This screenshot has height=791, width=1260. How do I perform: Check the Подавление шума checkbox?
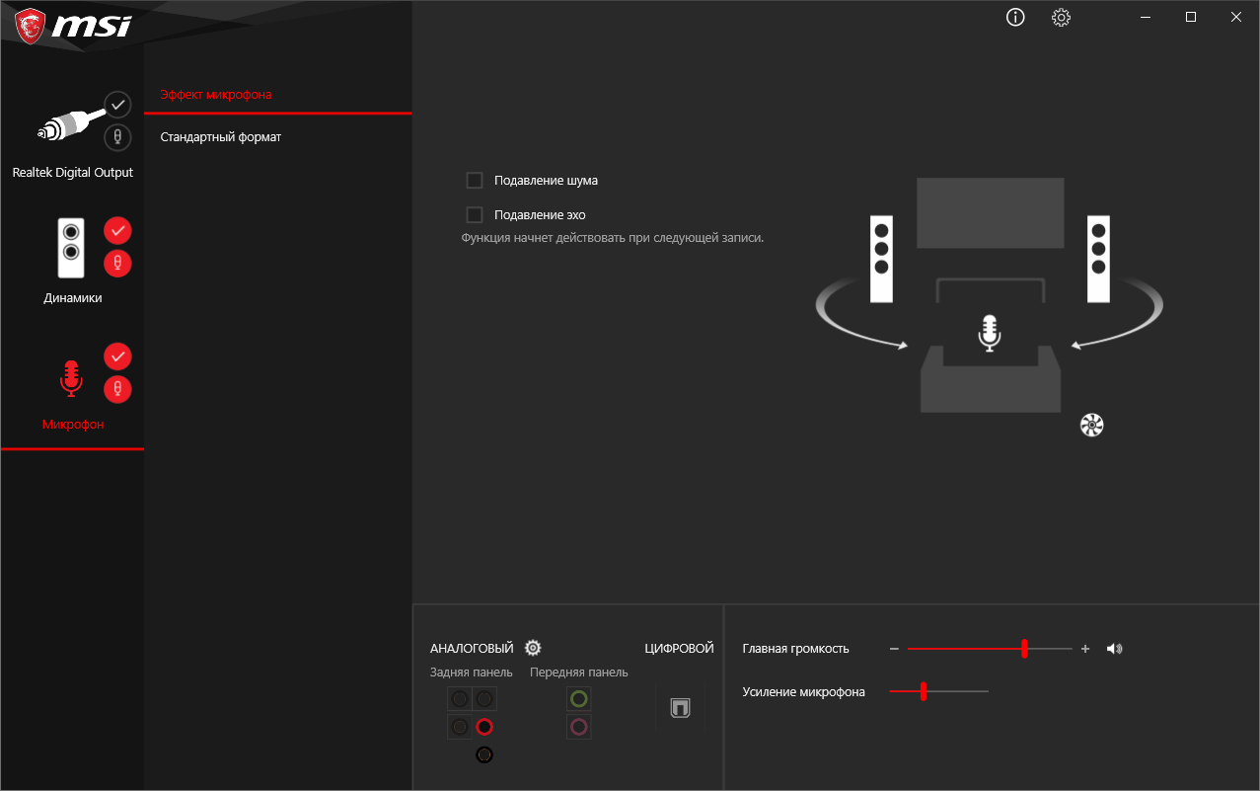pos(475,180)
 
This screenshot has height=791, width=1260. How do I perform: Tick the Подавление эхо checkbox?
pos(475,214)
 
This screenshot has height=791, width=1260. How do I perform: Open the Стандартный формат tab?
pos(220,137)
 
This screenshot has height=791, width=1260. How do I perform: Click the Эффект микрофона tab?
pos(215,95)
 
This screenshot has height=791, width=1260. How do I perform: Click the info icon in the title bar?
pos(1015,18)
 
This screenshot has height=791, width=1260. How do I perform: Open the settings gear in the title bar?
pos(1061,18)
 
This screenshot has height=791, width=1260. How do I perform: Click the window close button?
pos(1235,17)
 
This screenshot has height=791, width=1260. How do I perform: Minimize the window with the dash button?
pos(1146,18)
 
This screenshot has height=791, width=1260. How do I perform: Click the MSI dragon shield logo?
pos(30,26)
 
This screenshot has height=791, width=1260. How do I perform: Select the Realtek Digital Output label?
pos(73,172)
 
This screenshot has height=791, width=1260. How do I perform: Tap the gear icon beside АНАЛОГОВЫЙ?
pos(533,648)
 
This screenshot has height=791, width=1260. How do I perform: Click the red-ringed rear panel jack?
pos(484,727)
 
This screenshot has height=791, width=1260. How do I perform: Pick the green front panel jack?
pos(579,699)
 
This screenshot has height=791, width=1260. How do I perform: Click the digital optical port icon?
pos(680,708)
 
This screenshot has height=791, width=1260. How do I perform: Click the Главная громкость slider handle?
pos(1024,649)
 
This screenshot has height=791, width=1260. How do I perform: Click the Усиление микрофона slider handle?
pos(924,691)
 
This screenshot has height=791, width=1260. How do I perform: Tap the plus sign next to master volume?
pos(1085,649)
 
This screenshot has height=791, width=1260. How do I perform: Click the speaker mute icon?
pos(1114,649)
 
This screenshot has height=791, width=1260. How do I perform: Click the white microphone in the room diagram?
pos(990,334)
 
